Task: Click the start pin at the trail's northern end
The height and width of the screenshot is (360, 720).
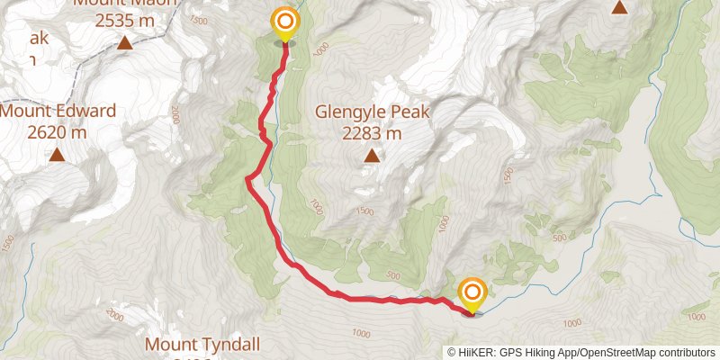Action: coord(285,22)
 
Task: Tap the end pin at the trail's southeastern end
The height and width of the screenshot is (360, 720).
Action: coord(472,293)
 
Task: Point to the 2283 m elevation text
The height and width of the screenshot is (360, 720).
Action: coord(372,133)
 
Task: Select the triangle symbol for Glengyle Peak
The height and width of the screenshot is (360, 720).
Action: coord(372,157)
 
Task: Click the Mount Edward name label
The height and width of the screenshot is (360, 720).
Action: coord(58,112)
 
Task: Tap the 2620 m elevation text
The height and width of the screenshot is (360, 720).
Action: coord(57,131)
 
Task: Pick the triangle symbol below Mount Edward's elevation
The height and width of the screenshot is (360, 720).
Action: coord(57,155)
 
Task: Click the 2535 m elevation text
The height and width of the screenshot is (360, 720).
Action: coord(125,20)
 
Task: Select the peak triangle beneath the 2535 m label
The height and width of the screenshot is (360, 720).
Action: coord(125,42)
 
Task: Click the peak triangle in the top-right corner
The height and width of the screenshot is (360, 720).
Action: coord(619,8)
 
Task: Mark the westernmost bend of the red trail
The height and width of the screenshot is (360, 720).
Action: coord(247,180)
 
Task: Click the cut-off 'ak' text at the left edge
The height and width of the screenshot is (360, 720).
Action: coord(37,39)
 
